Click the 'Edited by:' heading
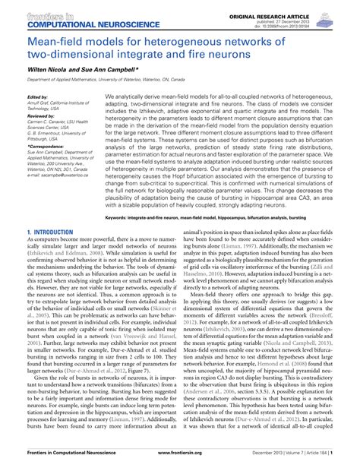point(36,97)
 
